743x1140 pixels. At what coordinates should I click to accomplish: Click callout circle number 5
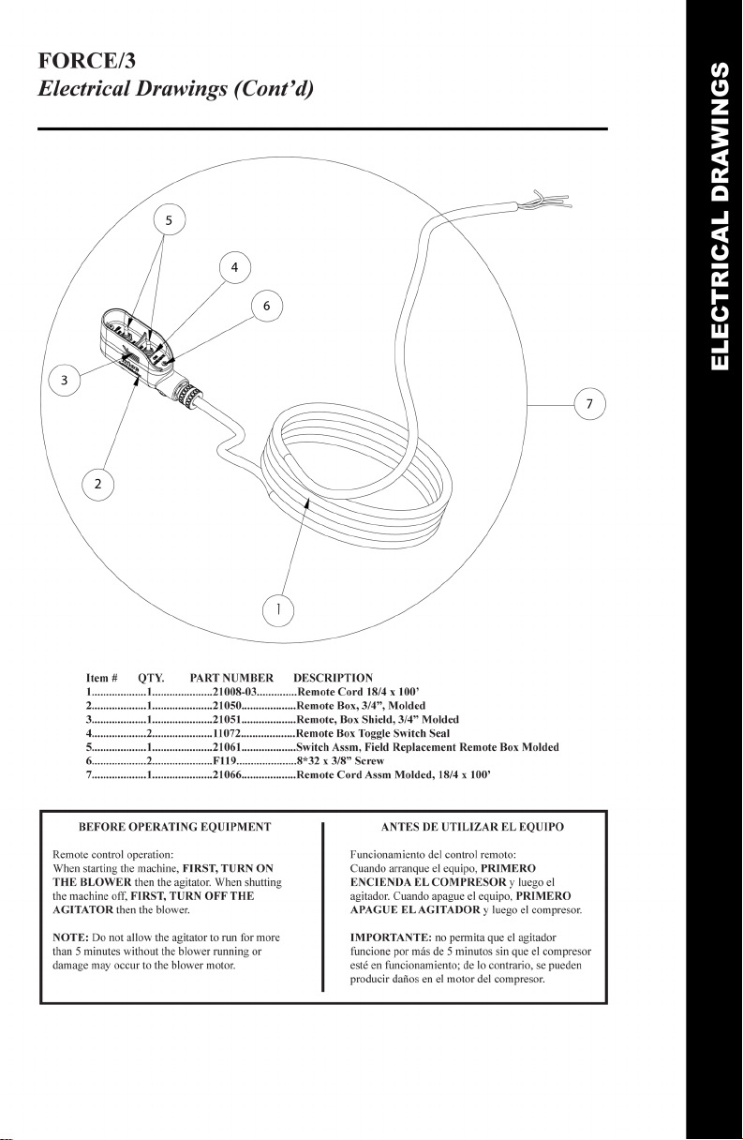[169, 221]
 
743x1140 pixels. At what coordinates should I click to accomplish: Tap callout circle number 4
[234, 268]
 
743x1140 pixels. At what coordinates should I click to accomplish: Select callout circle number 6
[267, 306]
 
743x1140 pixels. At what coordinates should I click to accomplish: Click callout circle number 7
[589, 404]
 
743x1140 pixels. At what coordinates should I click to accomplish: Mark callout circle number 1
[277, 609]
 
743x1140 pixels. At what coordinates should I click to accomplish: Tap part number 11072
[228, 733]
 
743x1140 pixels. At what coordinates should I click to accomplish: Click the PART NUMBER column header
[230, 677]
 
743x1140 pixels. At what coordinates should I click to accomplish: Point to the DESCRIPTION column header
[333, 677]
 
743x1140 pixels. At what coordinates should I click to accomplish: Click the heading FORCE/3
[86, 63]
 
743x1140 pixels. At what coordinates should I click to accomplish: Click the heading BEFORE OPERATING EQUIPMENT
[175, 827]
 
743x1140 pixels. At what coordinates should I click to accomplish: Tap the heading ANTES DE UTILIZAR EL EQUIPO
[472, 827]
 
